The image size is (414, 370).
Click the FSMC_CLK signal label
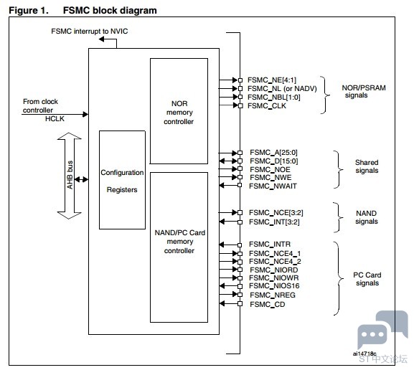point(267,106)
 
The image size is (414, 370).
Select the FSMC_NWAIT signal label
point(273,186)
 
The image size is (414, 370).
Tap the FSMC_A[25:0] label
point(273,153)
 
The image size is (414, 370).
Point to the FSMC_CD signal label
point(267,304)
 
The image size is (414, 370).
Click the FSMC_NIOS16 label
point(274,286)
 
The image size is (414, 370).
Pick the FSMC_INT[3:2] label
point(274,222)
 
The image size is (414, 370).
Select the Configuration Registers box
point(122,180)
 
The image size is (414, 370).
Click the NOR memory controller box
point(179,111)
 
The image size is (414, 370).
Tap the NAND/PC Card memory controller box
point(179,247)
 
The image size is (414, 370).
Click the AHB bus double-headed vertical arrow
point(69,176)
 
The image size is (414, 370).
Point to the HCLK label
point(55,119)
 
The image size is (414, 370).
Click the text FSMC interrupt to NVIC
point(89,31)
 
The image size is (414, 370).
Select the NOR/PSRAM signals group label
point(364,91)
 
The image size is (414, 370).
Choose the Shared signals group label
point(367,166)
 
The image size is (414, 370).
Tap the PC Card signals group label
point(367,279)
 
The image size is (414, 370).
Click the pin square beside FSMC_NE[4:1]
point(240,80)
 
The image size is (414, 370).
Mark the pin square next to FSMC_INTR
point(240,245)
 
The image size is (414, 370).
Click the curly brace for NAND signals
point(339,217)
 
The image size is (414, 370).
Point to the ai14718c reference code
point(364,354)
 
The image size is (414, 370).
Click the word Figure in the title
point(24,11)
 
